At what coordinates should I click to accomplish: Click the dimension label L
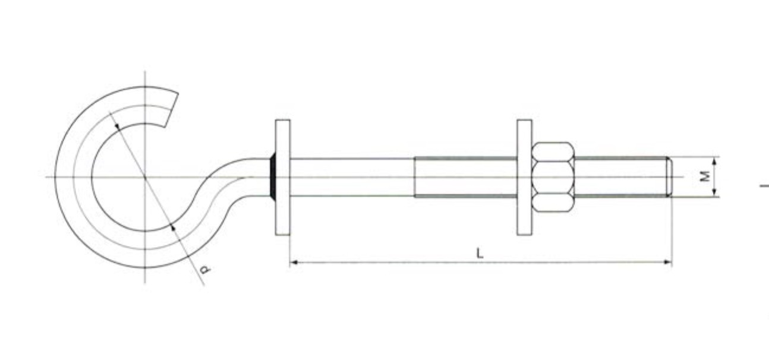480,252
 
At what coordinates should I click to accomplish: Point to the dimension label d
204,270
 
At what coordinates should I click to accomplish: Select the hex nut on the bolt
553,176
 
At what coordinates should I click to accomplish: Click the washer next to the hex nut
524,177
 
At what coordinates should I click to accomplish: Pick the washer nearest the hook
283,177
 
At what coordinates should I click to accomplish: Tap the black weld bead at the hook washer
272,177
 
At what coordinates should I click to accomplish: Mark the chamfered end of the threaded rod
669,176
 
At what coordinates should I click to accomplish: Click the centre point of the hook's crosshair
145,176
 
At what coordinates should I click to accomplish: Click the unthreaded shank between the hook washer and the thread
351,177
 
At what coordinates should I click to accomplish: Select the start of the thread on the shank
415,177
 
